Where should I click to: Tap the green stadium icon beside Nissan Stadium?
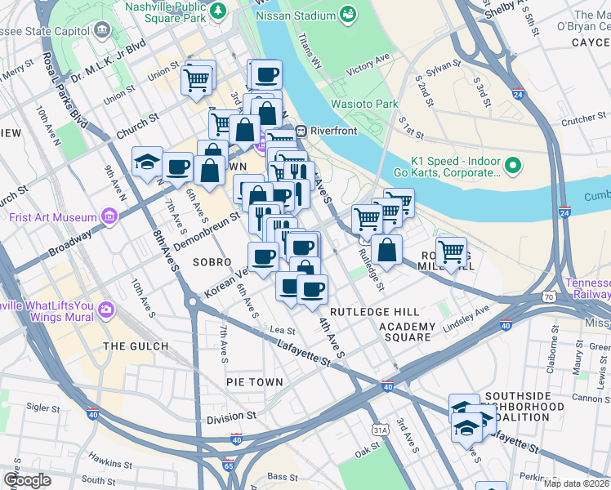(349, 15)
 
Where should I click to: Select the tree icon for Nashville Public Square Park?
(218, 11)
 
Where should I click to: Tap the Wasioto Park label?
(364, 104)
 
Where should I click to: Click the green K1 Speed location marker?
(513, 166)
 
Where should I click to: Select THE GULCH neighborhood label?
(136, 346)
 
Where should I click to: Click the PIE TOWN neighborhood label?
(255, 382)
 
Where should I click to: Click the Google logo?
(27, 479)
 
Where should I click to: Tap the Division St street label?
(231, 417)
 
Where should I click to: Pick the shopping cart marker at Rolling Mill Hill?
(450, 252)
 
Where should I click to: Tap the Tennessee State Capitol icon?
(102, 30)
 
